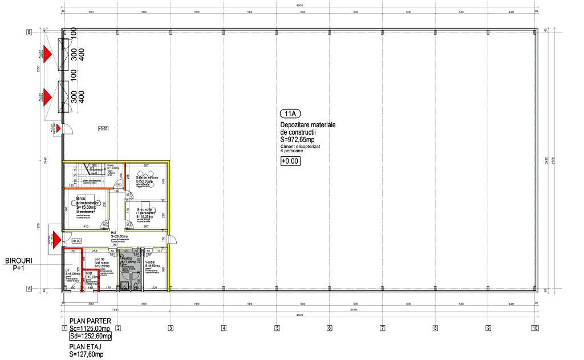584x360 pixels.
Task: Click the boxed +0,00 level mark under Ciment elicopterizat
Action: (290, 161)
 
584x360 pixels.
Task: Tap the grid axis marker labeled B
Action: (29, 33)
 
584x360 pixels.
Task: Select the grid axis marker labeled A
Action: (29, 289)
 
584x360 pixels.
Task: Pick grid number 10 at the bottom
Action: (534, 328)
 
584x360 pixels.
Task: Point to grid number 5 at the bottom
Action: (277, 328)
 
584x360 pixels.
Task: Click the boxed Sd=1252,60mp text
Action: (90, 337)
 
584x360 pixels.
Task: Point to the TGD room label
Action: (88, 273)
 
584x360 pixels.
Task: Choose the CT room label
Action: (67, 270)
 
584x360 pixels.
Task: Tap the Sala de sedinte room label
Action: (147, 177)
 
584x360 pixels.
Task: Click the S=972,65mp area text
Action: (301, 139)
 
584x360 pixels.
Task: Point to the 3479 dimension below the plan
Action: (353, 310)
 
